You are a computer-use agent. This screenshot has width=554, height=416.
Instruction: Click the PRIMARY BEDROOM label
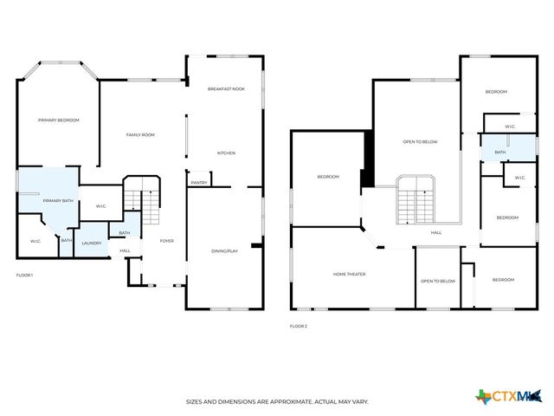pyautogui.click(x=59, y=120)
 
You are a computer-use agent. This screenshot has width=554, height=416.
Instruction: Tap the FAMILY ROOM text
pyautogui.click(x=140, y=134)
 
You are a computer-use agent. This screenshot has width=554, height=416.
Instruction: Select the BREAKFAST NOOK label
pyautogui.click(x=226, y=89)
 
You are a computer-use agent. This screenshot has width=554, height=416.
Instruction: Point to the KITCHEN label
pyautogui.click(x=226, y=153)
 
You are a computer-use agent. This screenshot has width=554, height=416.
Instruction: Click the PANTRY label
pyautogui.click(x=199, y=183)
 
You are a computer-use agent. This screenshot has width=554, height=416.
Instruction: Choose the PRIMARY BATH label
pyautogui.click(x=57, y=200)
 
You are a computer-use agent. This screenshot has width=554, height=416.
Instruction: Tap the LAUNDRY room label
pyautogui.click(x=92, y=243)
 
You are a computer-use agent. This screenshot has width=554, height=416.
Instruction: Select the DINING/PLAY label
pyautogui.click(x=224, y=250)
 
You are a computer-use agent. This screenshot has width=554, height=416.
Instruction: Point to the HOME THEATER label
pyautogui.click(x=350, y=275)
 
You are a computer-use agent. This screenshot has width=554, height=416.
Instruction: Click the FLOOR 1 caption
pyautogui.click(x=24, y=275)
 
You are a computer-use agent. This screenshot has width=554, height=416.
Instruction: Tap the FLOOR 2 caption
pyautogui.click(x=299, y=326)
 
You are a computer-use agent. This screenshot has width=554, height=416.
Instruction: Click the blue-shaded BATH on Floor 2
pyautogui.click(x=500, y=153)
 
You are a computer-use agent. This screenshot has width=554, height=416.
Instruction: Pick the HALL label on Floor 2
pyautogui.click(x=436, y=232)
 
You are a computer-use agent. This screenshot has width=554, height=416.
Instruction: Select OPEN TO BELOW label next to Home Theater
pyautogui.click(x=438, y=281)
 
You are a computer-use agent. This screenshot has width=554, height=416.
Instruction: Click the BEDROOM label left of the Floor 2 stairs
pyautogui.click(x=328, y=177)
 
